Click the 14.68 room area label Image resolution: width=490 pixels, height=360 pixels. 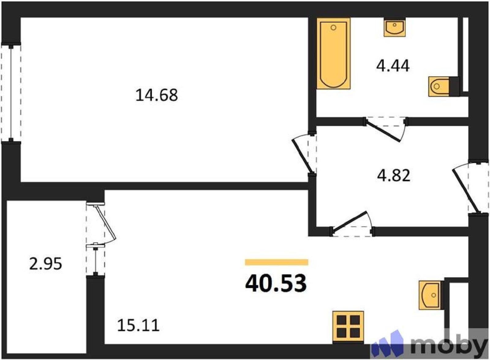156,96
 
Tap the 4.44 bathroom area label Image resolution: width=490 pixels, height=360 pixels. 393,66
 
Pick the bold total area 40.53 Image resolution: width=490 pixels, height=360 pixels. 276,283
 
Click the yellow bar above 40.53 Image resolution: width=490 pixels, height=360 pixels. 277,262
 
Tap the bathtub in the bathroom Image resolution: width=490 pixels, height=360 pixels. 334,53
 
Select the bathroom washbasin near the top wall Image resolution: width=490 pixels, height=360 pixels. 395,27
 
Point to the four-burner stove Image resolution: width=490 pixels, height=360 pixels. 348,326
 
